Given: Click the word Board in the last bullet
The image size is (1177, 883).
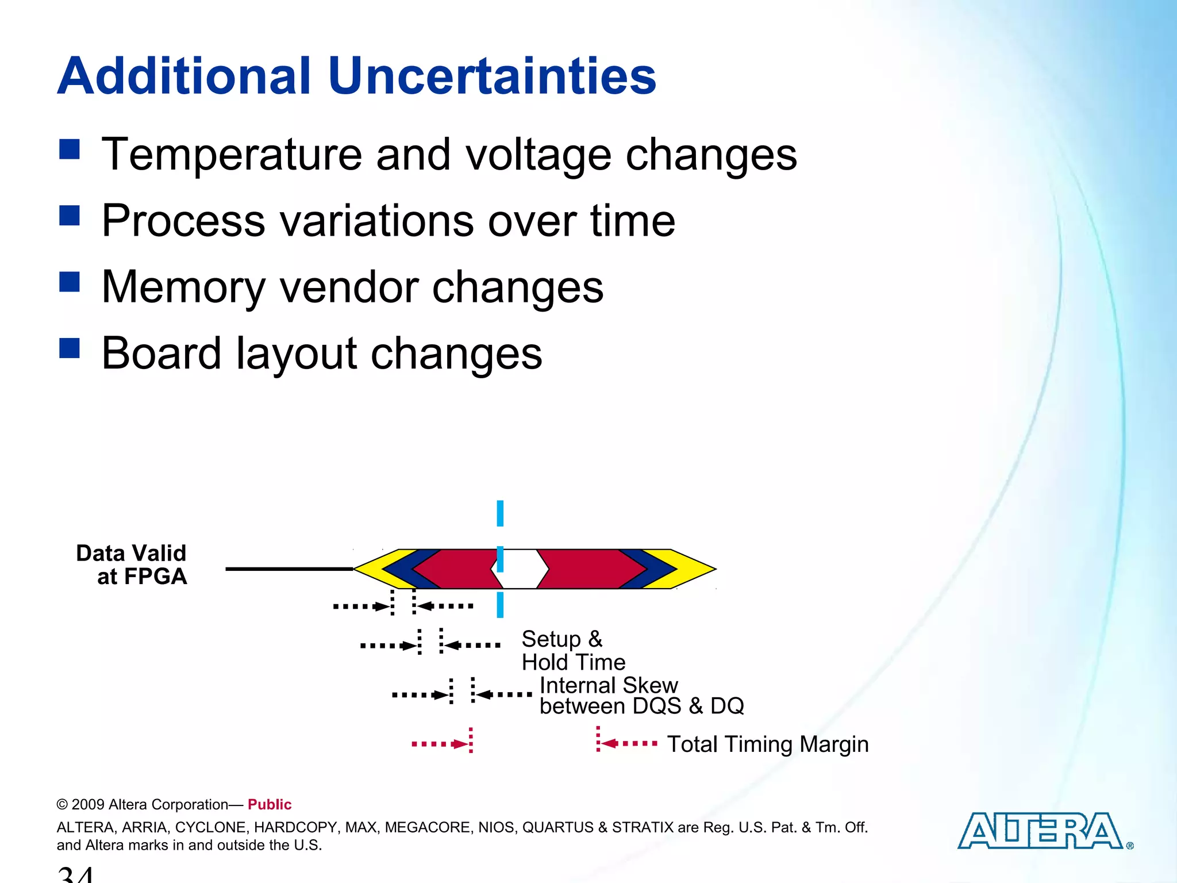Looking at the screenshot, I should [x=161, y=353].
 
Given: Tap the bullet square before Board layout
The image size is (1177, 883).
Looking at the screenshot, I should [x=69, y=348].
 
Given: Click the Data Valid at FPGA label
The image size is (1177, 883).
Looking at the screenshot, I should [x=132, y=565].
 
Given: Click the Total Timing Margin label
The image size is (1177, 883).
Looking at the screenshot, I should [x=767, y=744].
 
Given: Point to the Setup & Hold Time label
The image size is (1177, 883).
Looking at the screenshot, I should [x=572, y=651].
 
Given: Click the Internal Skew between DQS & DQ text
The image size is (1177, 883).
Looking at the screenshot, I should [x=641, y=696].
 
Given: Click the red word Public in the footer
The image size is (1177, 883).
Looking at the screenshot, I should [x=270, y=804].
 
